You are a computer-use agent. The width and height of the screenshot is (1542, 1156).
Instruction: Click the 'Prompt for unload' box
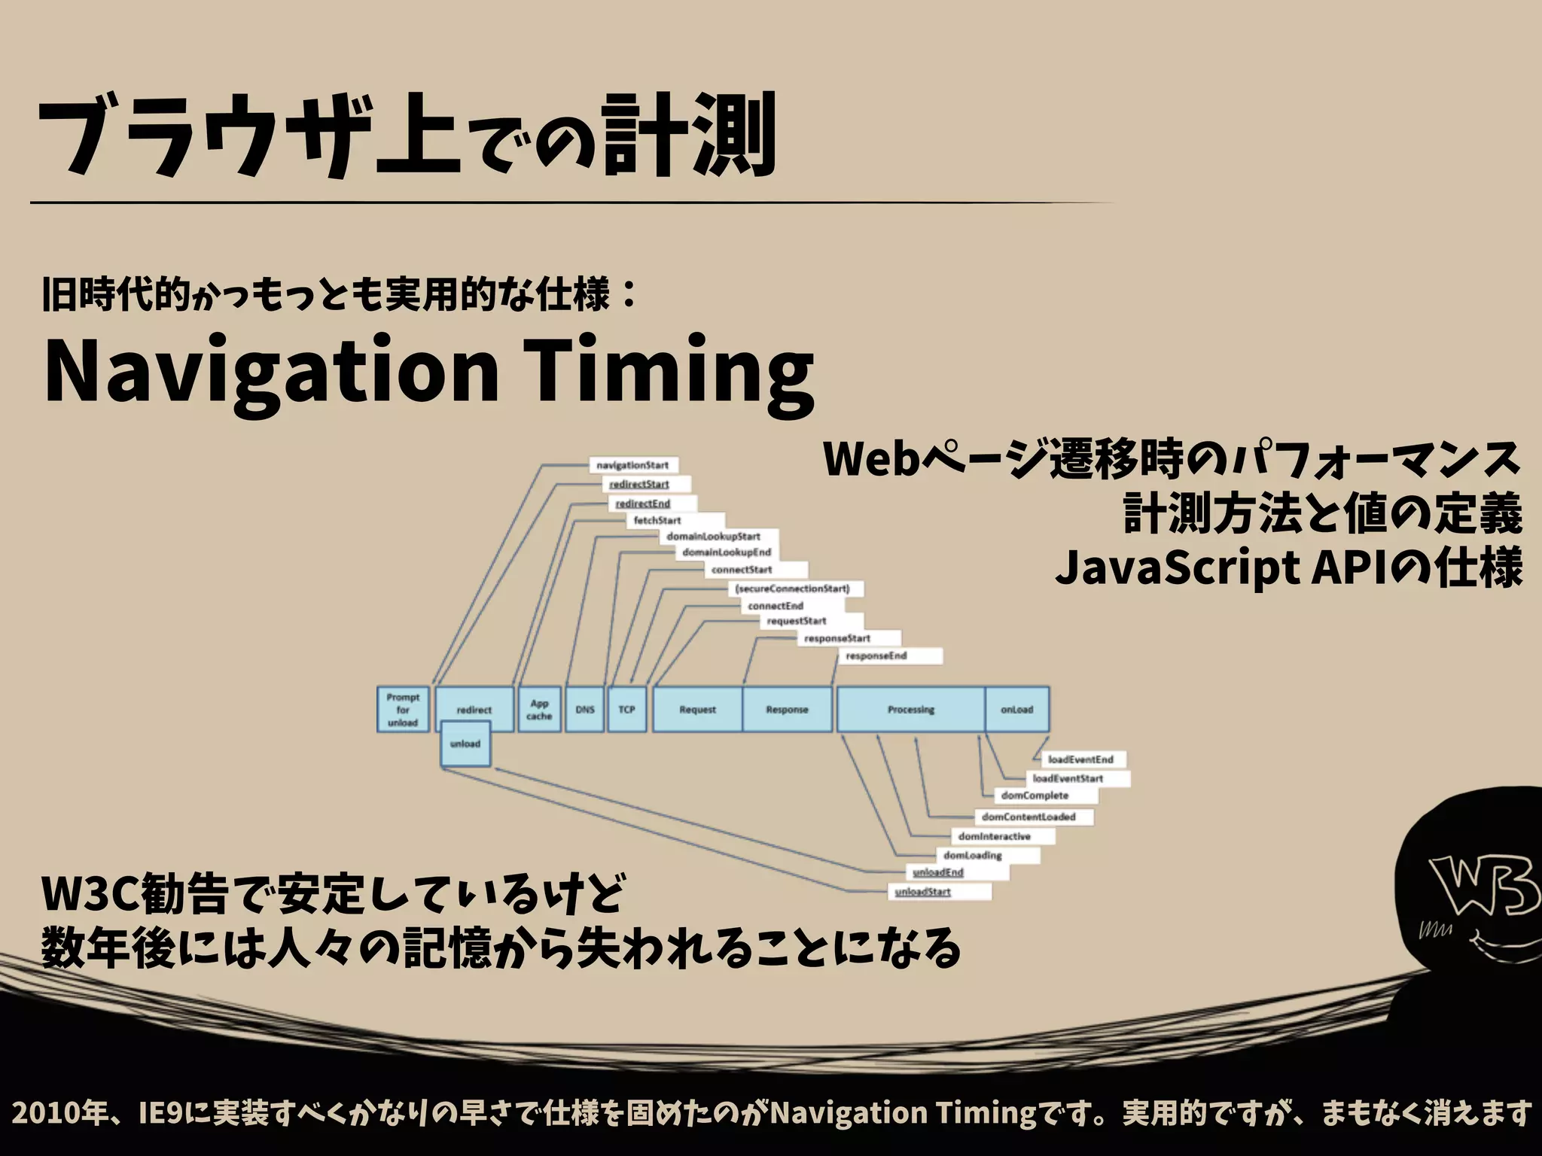click(403, 709)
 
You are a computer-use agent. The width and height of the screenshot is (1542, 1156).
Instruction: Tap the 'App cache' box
click(539, 709)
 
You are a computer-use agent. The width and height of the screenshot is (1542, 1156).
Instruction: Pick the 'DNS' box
click(585, 709)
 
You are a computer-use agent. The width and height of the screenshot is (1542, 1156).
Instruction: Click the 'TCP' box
click(626, 709)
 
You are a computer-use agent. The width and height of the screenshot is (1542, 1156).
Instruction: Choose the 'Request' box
click(697, 709)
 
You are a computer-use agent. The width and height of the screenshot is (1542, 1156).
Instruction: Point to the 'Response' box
click(787, 709)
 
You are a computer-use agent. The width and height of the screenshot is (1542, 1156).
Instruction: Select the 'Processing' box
click(910, 709)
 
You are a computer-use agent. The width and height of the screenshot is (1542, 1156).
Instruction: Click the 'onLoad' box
click(1017, 709)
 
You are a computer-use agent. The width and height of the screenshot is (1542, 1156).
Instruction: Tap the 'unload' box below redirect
click(465, 744)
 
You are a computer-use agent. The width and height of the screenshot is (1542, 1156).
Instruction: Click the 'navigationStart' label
click(632, 465)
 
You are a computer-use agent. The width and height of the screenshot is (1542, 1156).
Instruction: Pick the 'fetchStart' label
click(657, 520)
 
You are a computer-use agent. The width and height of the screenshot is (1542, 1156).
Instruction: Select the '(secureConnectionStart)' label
click(792, 589)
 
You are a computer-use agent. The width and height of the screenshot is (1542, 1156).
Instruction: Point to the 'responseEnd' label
click(876, 656)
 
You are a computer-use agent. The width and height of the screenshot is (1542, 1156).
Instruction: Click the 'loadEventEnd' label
click(1080, 759)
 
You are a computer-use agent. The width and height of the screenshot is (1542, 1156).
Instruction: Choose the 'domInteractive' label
click(994, 836)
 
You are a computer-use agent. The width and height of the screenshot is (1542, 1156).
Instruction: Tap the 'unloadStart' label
click(922, 892)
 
